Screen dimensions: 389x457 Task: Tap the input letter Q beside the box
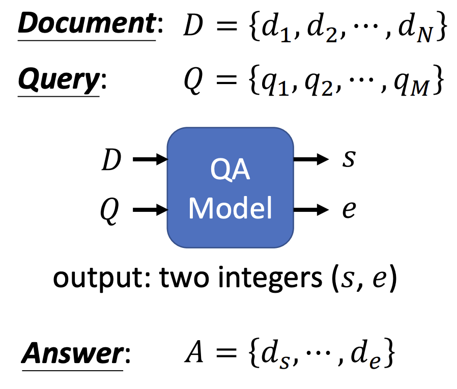tap(112, 210)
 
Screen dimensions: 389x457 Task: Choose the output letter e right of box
tap(349, 209)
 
